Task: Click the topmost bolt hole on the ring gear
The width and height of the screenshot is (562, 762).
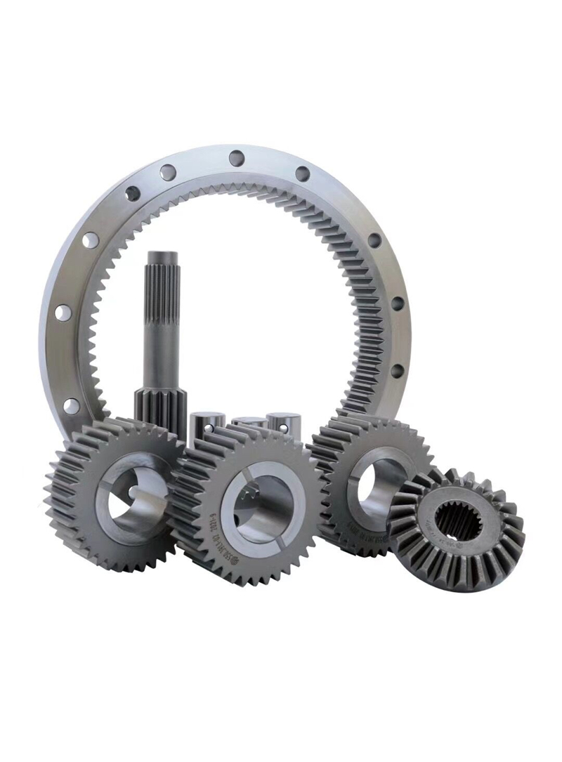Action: tap(237, 158)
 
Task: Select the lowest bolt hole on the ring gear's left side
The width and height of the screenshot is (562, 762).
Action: tap(71, 405)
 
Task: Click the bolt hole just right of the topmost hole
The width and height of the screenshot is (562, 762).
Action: tap(302, 173)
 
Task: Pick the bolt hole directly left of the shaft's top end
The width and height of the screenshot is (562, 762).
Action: tap(90, 240)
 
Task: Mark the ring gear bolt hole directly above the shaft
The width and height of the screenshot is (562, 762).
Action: tap(167, 171)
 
